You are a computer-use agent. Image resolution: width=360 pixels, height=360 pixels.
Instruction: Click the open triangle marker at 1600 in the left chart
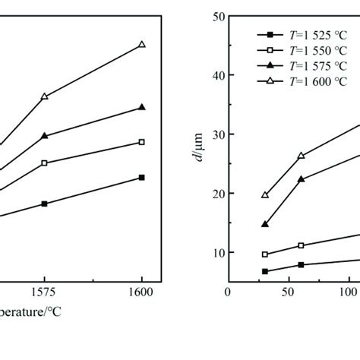click(141, 45)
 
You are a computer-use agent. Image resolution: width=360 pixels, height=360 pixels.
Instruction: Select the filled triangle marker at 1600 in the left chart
click(141, 107)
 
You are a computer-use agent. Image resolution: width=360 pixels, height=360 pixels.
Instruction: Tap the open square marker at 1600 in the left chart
click(141, 142)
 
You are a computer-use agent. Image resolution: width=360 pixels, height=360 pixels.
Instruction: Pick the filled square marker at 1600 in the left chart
click(141, 177)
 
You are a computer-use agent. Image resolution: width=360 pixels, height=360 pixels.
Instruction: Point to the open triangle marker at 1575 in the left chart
click(44, 96)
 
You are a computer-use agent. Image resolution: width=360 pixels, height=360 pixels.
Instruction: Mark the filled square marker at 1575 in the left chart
click(44, 204)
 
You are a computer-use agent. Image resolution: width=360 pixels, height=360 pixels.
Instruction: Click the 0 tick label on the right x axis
click(227, 290)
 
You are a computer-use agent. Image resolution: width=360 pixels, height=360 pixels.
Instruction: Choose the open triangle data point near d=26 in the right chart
click(301, 156)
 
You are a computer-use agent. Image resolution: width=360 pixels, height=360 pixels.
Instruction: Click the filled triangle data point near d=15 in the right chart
click(265, 224)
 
